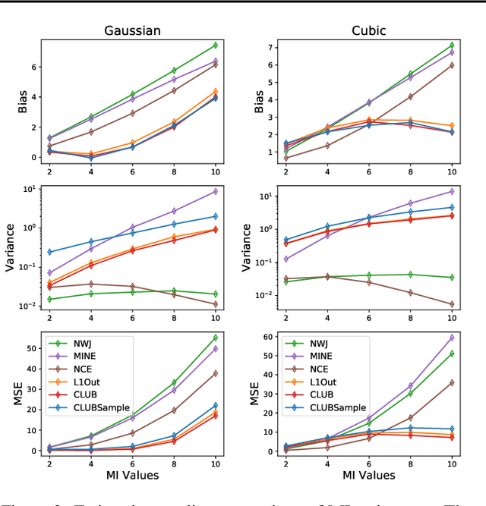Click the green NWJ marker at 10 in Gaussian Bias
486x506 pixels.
pyautogui.click(x=215, y=46)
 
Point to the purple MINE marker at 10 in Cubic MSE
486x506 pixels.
pyautogui.click(x=452, y=338)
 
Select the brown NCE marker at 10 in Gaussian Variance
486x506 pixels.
pyautogui.click(x=215, y=304)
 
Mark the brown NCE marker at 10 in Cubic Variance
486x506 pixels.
pyautogui.click(x=452, y=304)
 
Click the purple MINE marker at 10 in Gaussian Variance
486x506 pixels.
pyautogui.click(x=215, y=191)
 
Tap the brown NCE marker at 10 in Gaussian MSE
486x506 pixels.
pyautogui.click(x=215, y=373)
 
